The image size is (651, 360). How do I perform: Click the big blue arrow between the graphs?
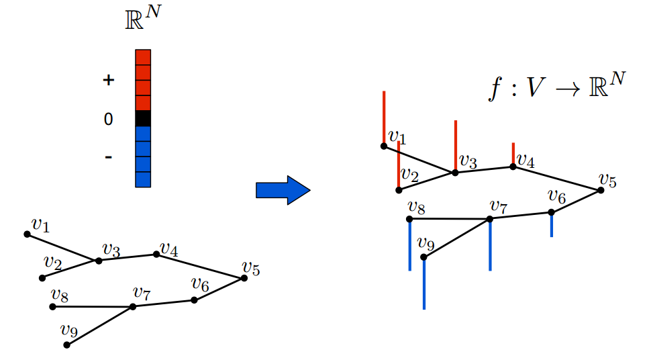[283, 191]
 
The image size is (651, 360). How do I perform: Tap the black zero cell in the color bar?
[143, 119]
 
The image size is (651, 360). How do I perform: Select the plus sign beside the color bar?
[109, 81]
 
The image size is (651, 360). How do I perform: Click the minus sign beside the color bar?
[109, 158]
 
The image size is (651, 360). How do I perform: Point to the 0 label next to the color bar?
[109, 120]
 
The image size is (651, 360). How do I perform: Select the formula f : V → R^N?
[556, 87]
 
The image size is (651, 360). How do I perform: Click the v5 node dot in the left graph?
[244, 278]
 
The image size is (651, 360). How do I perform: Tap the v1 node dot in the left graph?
[27, 234]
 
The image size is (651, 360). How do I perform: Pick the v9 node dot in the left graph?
[66, 345]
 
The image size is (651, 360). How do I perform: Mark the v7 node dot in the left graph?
[133, 306]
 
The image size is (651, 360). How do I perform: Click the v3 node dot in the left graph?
[99, 261]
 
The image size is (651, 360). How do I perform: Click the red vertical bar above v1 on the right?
[384, 118]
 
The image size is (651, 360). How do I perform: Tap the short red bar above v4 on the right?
[513, 154]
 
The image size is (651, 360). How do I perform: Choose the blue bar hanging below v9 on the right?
[424, 282]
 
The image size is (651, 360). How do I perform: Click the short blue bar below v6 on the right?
[552, 224]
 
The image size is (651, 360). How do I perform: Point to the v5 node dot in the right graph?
[601, 190]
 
